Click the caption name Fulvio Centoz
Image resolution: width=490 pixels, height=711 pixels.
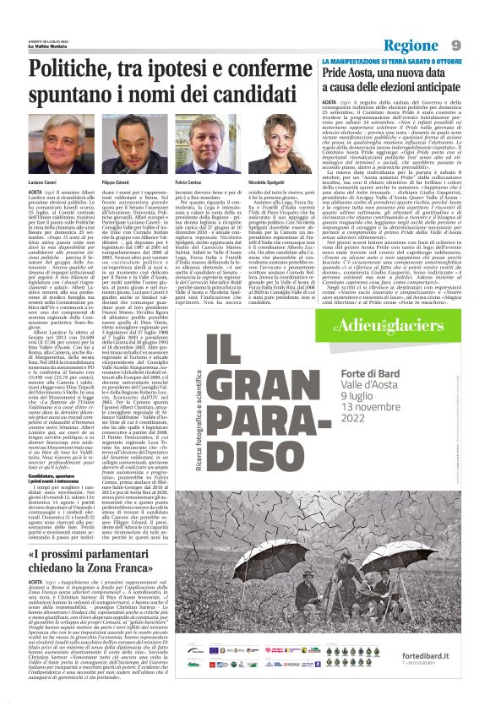coord(188,182)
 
